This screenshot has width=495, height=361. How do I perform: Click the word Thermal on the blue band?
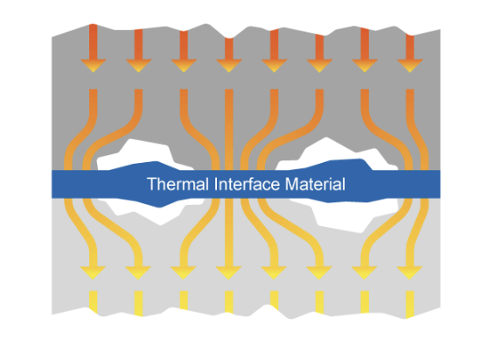click(x=178, y=184)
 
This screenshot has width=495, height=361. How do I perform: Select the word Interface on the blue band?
click(x=247, y=184)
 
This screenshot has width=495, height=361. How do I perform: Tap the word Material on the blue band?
click(x=315, y=184)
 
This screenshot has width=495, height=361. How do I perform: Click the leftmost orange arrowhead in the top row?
click(x=93, y=66)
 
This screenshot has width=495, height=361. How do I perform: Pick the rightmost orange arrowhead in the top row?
click(x=410, y=66)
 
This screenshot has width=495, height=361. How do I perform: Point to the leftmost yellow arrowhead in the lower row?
click(x=93, y=273)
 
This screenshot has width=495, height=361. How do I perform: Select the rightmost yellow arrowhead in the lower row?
click(x=409, y=273)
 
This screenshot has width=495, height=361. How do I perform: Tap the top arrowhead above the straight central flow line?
click(x=229, y=66)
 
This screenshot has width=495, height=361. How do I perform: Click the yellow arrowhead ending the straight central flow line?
click(x=228, y=273)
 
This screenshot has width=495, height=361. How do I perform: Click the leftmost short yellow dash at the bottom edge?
click(x=93, y=301)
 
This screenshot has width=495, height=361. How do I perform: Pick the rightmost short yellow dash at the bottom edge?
click(x=410, y=304)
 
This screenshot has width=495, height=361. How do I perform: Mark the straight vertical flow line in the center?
click(x=229, y=178)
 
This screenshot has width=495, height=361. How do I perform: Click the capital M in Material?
click(x=291, y=184)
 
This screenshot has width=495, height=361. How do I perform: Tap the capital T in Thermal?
click(x=152, y=184)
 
